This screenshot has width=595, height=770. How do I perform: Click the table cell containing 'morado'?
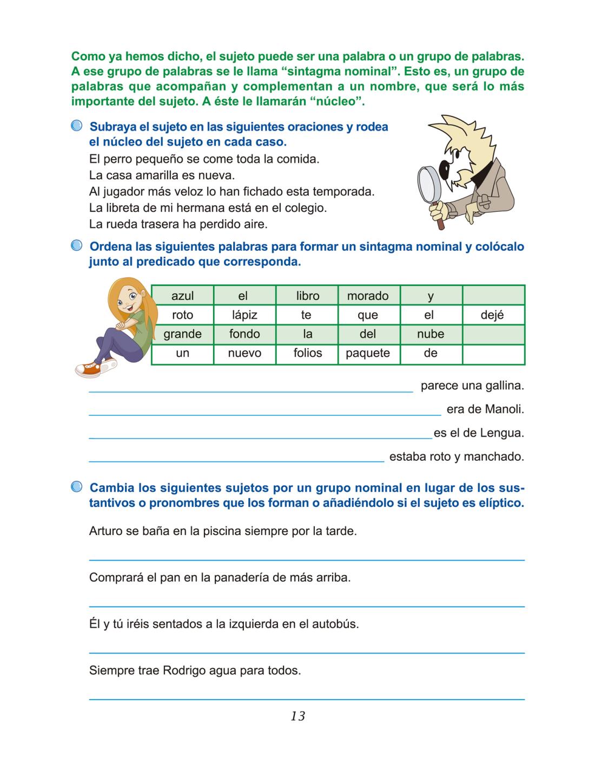click(368, 296)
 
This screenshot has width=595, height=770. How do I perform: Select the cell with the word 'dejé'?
click(492, 315)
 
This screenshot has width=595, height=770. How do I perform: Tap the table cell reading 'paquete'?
click(368, 353)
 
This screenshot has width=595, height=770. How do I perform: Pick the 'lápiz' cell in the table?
click(244, 315)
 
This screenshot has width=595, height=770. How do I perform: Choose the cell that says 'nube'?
click(431, 334)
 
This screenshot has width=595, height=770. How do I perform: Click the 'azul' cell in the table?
click(182, 296)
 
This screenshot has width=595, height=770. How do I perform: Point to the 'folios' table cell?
click(307, 353)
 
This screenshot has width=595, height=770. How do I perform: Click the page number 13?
click(297, 716)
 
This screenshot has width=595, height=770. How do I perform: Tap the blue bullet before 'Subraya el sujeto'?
click(77, 126)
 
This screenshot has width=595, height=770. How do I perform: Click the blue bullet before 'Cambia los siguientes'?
click(77, 487)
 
